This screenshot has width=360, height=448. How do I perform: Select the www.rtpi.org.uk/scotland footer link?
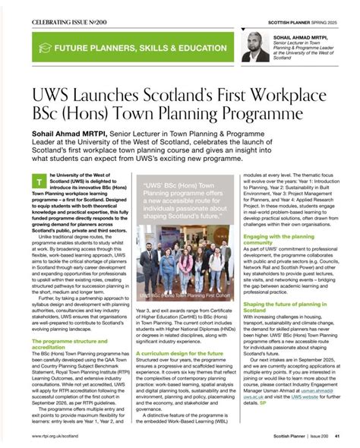coord(57,437)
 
